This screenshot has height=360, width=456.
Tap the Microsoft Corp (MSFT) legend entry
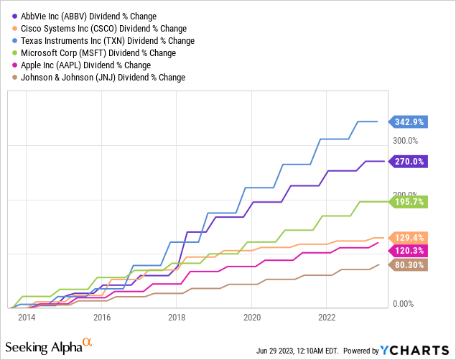click(91, 53)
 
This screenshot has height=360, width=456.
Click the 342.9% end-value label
click(408, 122)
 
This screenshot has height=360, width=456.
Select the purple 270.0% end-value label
click(408, 162)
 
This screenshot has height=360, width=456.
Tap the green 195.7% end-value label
click(408, 202)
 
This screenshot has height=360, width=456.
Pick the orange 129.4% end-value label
click(408, 237)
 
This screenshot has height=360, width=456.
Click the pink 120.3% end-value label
click(408, 250)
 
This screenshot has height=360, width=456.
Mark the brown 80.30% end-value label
click(408, 265)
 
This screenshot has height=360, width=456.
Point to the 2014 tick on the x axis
click(27, 317)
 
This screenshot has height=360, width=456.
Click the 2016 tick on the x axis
click(102, 317)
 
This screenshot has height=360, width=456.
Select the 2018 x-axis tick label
click(177, 317)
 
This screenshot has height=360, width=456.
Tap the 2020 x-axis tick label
click(252, 317)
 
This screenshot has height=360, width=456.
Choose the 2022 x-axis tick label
click(327, 317)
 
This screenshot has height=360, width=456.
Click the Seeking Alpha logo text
click(50, 347)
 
